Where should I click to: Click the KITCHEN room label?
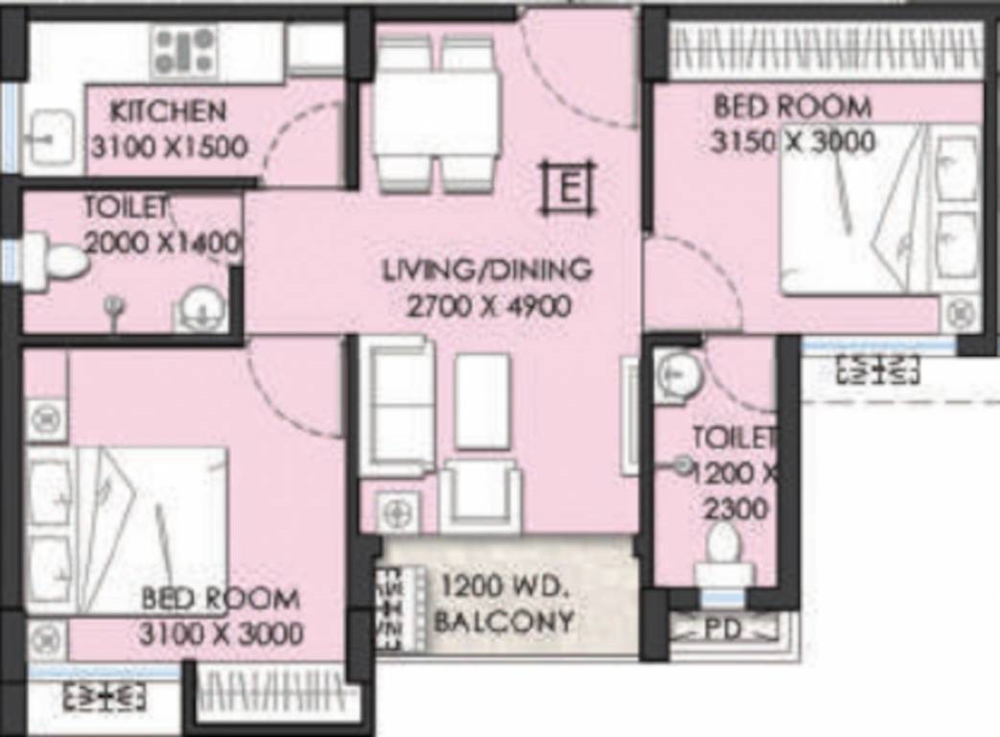click(169, 111)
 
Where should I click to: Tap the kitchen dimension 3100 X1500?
click(169, 148)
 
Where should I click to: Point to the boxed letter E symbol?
click(569, 188)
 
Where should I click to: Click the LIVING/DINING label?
click(487, 271)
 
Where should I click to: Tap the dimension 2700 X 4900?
click(489, 307)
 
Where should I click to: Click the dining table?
click(435, 115)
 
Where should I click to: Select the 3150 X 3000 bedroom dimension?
click(793, 142)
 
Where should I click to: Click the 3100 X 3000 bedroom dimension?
click(221, 634)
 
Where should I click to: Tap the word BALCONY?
click(503, 621)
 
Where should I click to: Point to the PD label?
click(723, 630)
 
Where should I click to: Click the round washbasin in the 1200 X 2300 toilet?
click(679, 372)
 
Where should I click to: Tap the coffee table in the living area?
click(483, 402)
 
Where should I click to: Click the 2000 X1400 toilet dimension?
click(163, 243)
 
